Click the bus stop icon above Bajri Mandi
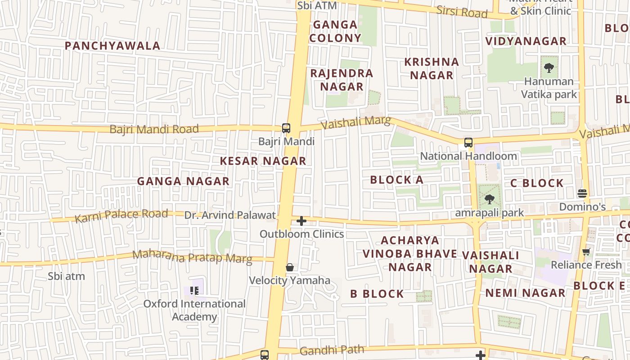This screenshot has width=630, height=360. (286, 128)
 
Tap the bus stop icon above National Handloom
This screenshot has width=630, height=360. (468, 143)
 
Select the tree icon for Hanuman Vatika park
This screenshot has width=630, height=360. (549, 68)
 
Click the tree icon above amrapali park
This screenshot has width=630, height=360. (489, 199)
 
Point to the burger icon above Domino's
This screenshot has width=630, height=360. (582, 193)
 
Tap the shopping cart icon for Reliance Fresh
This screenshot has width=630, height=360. (586, 252)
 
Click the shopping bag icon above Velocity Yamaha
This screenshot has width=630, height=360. (290, 267)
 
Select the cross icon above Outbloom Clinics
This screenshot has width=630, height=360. (301, 221)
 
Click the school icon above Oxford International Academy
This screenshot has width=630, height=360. (194, 291)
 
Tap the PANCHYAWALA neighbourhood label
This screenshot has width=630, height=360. (112, 46)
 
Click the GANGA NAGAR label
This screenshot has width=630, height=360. (183, 181)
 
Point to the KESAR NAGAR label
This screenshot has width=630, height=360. (263, 161)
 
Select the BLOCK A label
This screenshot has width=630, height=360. (396, 180)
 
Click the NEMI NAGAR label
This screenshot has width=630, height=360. (525, 293)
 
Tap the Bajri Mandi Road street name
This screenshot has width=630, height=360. (154, 129)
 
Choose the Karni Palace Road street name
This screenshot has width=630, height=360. (121, 216)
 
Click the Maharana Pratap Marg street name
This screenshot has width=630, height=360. (192, 256)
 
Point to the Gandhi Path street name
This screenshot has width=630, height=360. (332, 350)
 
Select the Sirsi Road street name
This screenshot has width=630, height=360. (462, 12)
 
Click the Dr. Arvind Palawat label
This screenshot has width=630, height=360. (230, 215)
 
